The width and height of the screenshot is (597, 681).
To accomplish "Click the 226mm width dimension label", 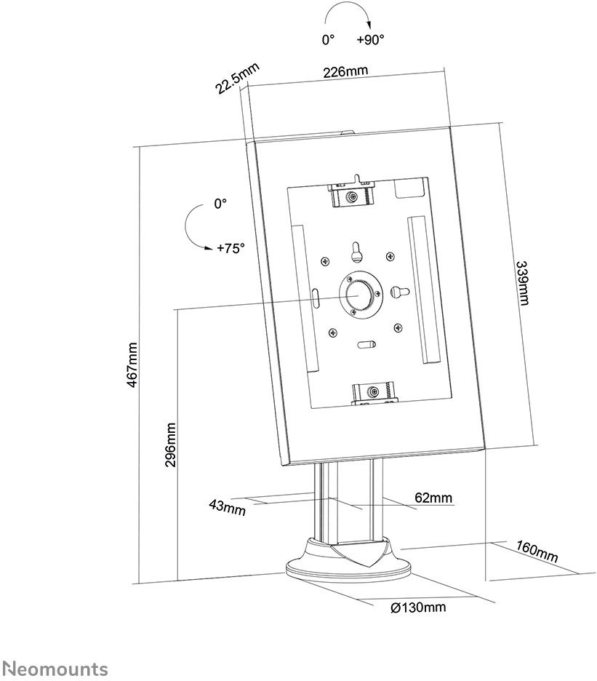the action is coord(345,71).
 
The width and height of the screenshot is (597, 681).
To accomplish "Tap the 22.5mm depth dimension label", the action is coord(237,78).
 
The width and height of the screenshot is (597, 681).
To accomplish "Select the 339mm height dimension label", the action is coord(522,283).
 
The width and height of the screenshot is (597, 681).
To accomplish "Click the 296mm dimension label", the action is coord(171,445).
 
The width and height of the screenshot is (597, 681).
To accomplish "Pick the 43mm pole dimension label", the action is coord(227,507).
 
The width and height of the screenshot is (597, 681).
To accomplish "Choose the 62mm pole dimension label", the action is coord(433,497).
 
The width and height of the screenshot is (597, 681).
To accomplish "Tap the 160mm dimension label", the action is coord(537,551).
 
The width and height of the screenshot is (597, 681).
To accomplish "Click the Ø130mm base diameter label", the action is coord(418,608).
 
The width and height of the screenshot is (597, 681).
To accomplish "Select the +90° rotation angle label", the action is coord(370,39).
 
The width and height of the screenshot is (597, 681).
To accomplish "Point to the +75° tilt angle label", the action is coord(231,248).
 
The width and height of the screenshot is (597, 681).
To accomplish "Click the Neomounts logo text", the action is coord(53,668).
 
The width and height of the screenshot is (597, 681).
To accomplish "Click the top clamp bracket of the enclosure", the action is coord(351,193).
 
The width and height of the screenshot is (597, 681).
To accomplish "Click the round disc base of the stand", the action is coord(346,567).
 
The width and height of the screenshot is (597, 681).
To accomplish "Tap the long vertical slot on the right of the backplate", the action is coord(423,290).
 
